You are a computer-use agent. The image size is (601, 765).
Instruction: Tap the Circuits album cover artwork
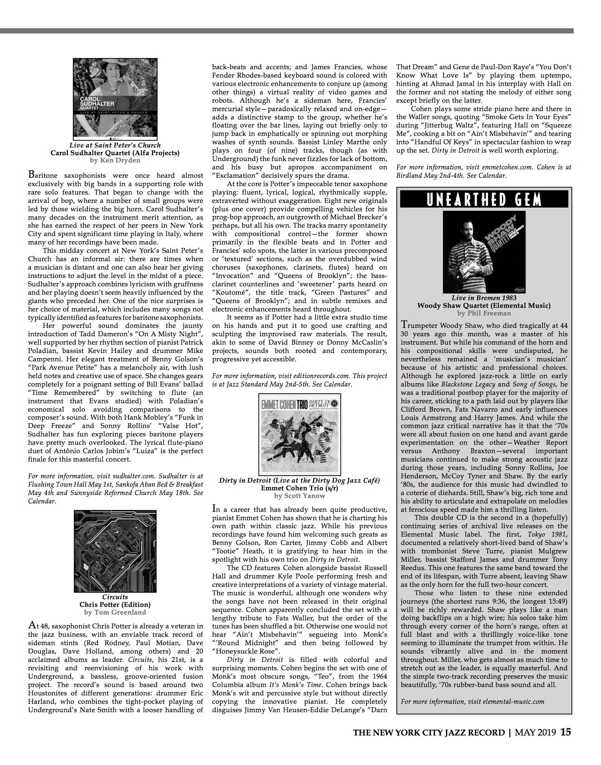(x=115, y=551)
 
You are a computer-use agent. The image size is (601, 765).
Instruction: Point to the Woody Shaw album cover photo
(x=484, y=252)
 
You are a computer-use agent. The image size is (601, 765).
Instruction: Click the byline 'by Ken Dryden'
(x=115, y=160)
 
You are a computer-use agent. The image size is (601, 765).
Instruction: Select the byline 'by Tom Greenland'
(x=115, y=612)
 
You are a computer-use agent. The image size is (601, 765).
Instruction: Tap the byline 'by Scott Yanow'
(x=299, y=495)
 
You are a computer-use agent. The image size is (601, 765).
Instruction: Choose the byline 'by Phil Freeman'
(x=484, y=313)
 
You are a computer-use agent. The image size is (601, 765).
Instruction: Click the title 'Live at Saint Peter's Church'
(x=115, y=145)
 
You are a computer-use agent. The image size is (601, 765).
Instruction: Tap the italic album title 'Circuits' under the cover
(x=115, y=597)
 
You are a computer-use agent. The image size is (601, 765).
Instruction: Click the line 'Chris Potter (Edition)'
(x=115, y=605)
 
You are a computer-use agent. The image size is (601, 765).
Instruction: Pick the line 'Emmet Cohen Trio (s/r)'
(x=299, y=488)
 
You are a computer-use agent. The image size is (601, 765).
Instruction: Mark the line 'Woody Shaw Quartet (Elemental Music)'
(x=484, y=306)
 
